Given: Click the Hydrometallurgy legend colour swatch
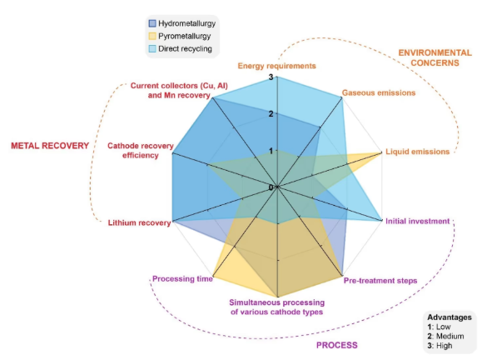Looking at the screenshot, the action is point(152,23).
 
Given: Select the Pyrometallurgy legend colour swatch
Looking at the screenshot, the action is point(152,36).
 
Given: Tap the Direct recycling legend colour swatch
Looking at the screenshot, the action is point(152,48).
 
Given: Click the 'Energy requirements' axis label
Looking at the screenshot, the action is point(276,66).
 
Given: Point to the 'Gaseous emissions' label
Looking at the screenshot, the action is point(379,92).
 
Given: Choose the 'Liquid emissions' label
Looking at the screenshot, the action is point(417,152).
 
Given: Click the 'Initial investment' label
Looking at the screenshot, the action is point(417,221).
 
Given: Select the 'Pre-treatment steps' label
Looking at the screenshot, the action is point(380,281).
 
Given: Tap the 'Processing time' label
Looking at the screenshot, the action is point(182,279).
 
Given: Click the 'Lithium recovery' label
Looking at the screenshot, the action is point(139,222).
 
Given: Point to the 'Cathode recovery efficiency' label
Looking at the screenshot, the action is point(140,151).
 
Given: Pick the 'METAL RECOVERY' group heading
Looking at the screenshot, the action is point(50,146).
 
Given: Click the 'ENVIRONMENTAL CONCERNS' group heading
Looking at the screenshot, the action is point(435,57).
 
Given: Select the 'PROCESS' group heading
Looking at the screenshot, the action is point(336,345).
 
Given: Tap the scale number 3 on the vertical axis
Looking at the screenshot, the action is point(271,77).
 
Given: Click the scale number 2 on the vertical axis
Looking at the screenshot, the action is point(271,113).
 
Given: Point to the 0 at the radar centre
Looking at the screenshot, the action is point(271,187).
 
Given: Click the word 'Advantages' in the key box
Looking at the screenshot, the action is point(450,317).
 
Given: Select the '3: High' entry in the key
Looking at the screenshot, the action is point(440,346).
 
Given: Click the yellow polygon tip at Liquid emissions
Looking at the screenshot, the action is point(381,152).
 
